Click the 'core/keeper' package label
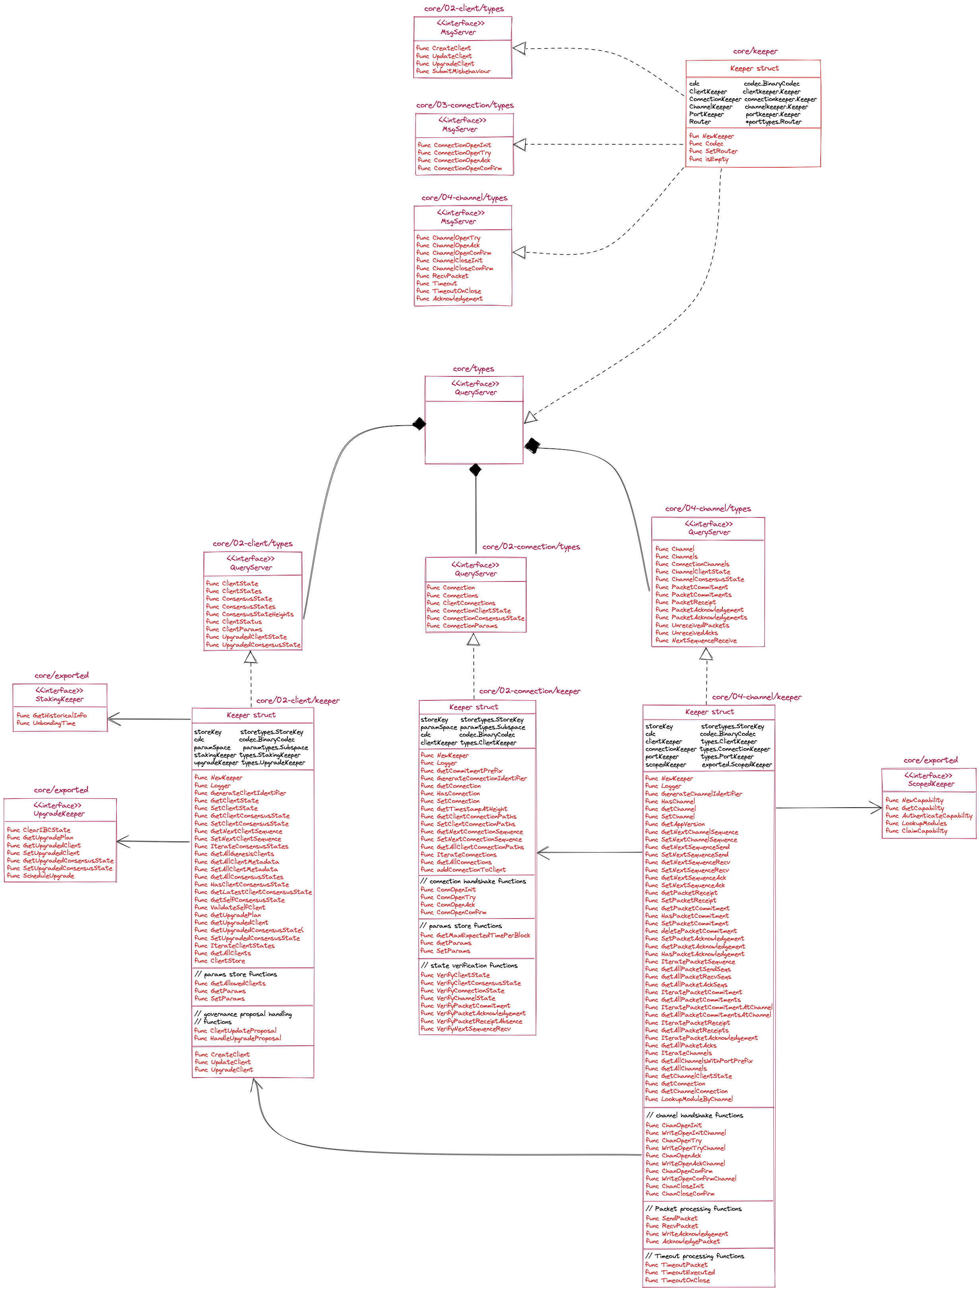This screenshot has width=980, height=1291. (755, 51)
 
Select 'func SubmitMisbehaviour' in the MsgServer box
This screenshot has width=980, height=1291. (453, 71)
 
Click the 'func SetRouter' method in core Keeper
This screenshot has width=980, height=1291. (713, 151)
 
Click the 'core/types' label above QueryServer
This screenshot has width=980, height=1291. (473, 369)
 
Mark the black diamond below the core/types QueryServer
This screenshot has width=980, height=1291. (476, 470)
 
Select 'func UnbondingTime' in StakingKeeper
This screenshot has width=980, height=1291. (46, 723)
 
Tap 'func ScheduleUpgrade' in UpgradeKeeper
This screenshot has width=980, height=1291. (41, 876)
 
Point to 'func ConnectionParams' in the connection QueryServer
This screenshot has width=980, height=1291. (462, 626)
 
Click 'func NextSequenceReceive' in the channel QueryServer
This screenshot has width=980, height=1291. (696, 640)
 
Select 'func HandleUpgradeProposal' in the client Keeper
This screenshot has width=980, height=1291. (238, 1038)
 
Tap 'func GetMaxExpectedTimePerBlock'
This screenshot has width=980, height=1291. (475, 935)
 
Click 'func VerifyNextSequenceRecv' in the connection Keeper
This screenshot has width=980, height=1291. (466, 1028)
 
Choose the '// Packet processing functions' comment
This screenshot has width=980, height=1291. (694, 1209)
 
